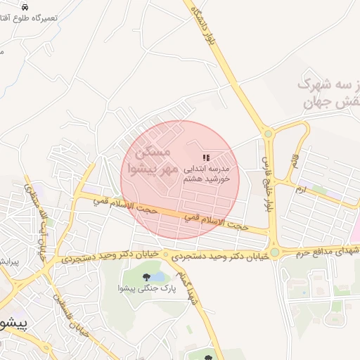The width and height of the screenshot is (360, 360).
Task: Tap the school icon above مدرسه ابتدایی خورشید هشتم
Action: tap(206, 158)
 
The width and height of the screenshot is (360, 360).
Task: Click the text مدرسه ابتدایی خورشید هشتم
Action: tap(207, 174)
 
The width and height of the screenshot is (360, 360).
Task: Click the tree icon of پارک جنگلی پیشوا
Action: tap(146, 277)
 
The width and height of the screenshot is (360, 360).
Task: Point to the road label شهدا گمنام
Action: tap(188, 290)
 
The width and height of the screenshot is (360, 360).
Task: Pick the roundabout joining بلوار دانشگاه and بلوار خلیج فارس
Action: tap(267, 134)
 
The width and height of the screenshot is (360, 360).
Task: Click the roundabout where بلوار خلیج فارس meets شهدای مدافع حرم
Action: tap(274, 252)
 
